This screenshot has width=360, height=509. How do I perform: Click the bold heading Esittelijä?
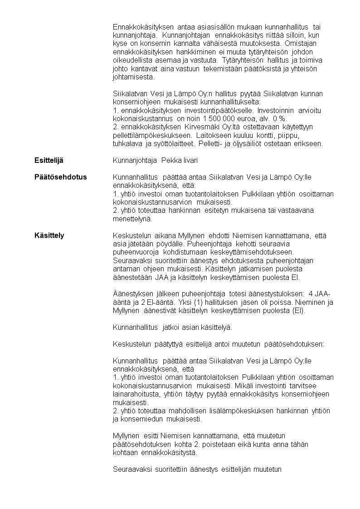(50, 161)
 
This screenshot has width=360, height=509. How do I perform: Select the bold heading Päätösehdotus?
(60, 177)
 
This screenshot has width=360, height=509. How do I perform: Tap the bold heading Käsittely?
(49, 235)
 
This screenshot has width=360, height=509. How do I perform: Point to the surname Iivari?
(190, 161)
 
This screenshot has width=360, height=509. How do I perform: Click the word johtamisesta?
(132, 77)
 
